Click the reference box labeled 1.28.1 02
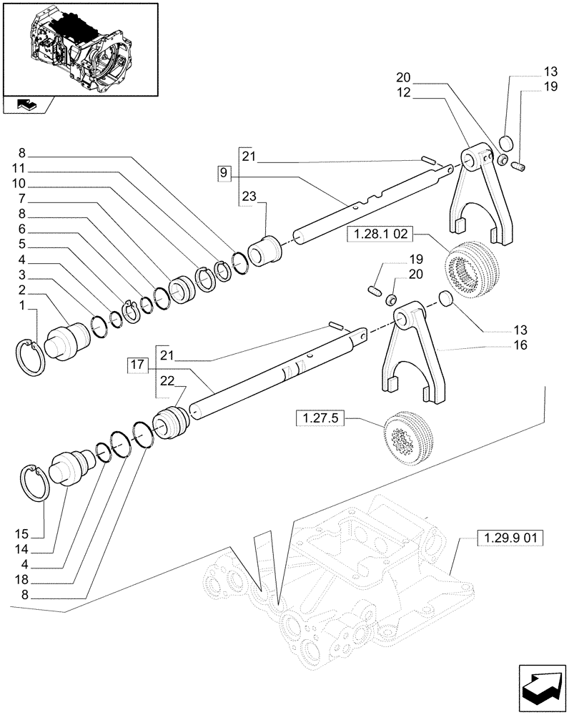coord(378,235)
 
